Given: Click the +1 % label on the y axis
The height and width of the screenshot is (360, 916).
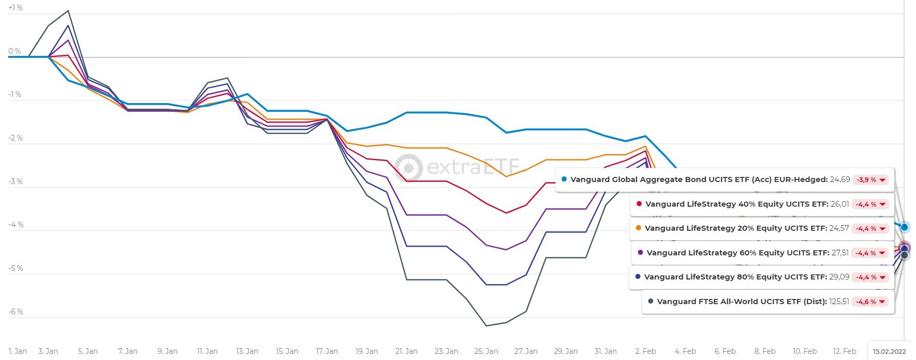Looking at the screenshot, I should pyautogui.click(x=15, y=8).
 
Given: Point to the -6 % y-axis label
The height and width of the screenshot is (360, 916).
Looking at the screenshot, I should pyautogui.click(x=15, y=312).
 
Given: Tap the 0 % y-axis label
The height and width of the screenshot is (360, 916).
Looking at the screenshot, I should pyautogui.click(x=14, y=51).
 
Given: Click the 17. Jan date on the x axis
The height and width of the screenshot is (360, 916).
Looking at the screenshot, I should pyautogui.click(x=327, y=351).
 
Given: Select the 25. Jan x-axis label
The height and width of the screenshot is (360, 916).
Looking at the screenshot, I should pyautogui.click(x=486, y=351).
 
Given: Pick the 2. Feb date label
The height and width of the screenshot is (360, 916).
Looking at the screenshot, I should pyautogui.click(x=645, y=351).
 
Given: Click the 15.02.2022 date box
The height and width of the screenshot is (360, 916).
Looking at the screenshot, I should pyautogui.click(x=889, y=351).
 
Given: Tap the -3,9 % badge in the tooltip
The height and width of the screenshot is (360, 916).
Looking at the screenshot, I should pyautogui.click(x=870, y=180).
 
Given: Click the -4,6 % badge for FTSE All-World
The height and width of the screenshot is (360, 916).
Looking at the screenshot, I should pyautogui.click(x=870, y=302).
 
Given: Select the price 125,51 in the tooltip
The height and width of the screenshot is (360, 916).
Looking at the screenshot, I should pyautogui.click(x=839, y=302).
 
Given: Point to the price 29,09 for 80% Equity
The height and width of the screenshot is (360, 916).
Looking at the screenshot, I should pyautogui.click(x=839, y=277).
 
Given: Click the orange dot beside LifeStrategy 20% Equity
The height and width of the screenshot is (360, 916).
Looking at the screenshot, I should pyautogui.click(x=638, y=228).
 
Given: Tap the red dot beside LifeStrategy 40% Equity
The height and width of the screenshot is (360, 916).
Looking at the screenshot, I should pyautogui.click(x=639, y=204).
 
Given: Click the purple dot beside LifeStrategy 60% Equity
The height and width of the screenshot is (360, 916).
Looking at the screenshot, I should pyautogui.click(x=640, y=253).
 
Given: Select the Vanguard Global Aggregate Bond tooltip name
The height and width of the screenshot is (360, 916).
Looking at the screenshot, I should pyautogui.click(x=699, y=180).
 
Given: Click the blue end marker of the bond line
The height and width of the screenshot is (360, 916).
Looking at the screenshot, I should pyautogui.click(x=904, y=227).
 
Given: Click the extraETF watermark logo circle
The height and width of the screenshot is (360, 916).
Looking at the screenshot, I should pyautogui.click(x=409, y=168).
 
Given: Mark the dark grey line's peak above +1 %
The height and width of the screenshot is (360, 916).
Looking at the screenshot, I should pyautogui.click(x=68, y=11).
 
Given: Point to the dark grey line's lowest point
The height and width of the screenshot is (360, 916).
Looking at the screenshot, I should pyautogui.click(x=486, y=326).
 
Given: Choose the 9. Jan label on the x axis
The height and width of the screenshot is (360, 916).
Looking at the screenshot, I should pyautogui.click(x=168, y=351).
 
